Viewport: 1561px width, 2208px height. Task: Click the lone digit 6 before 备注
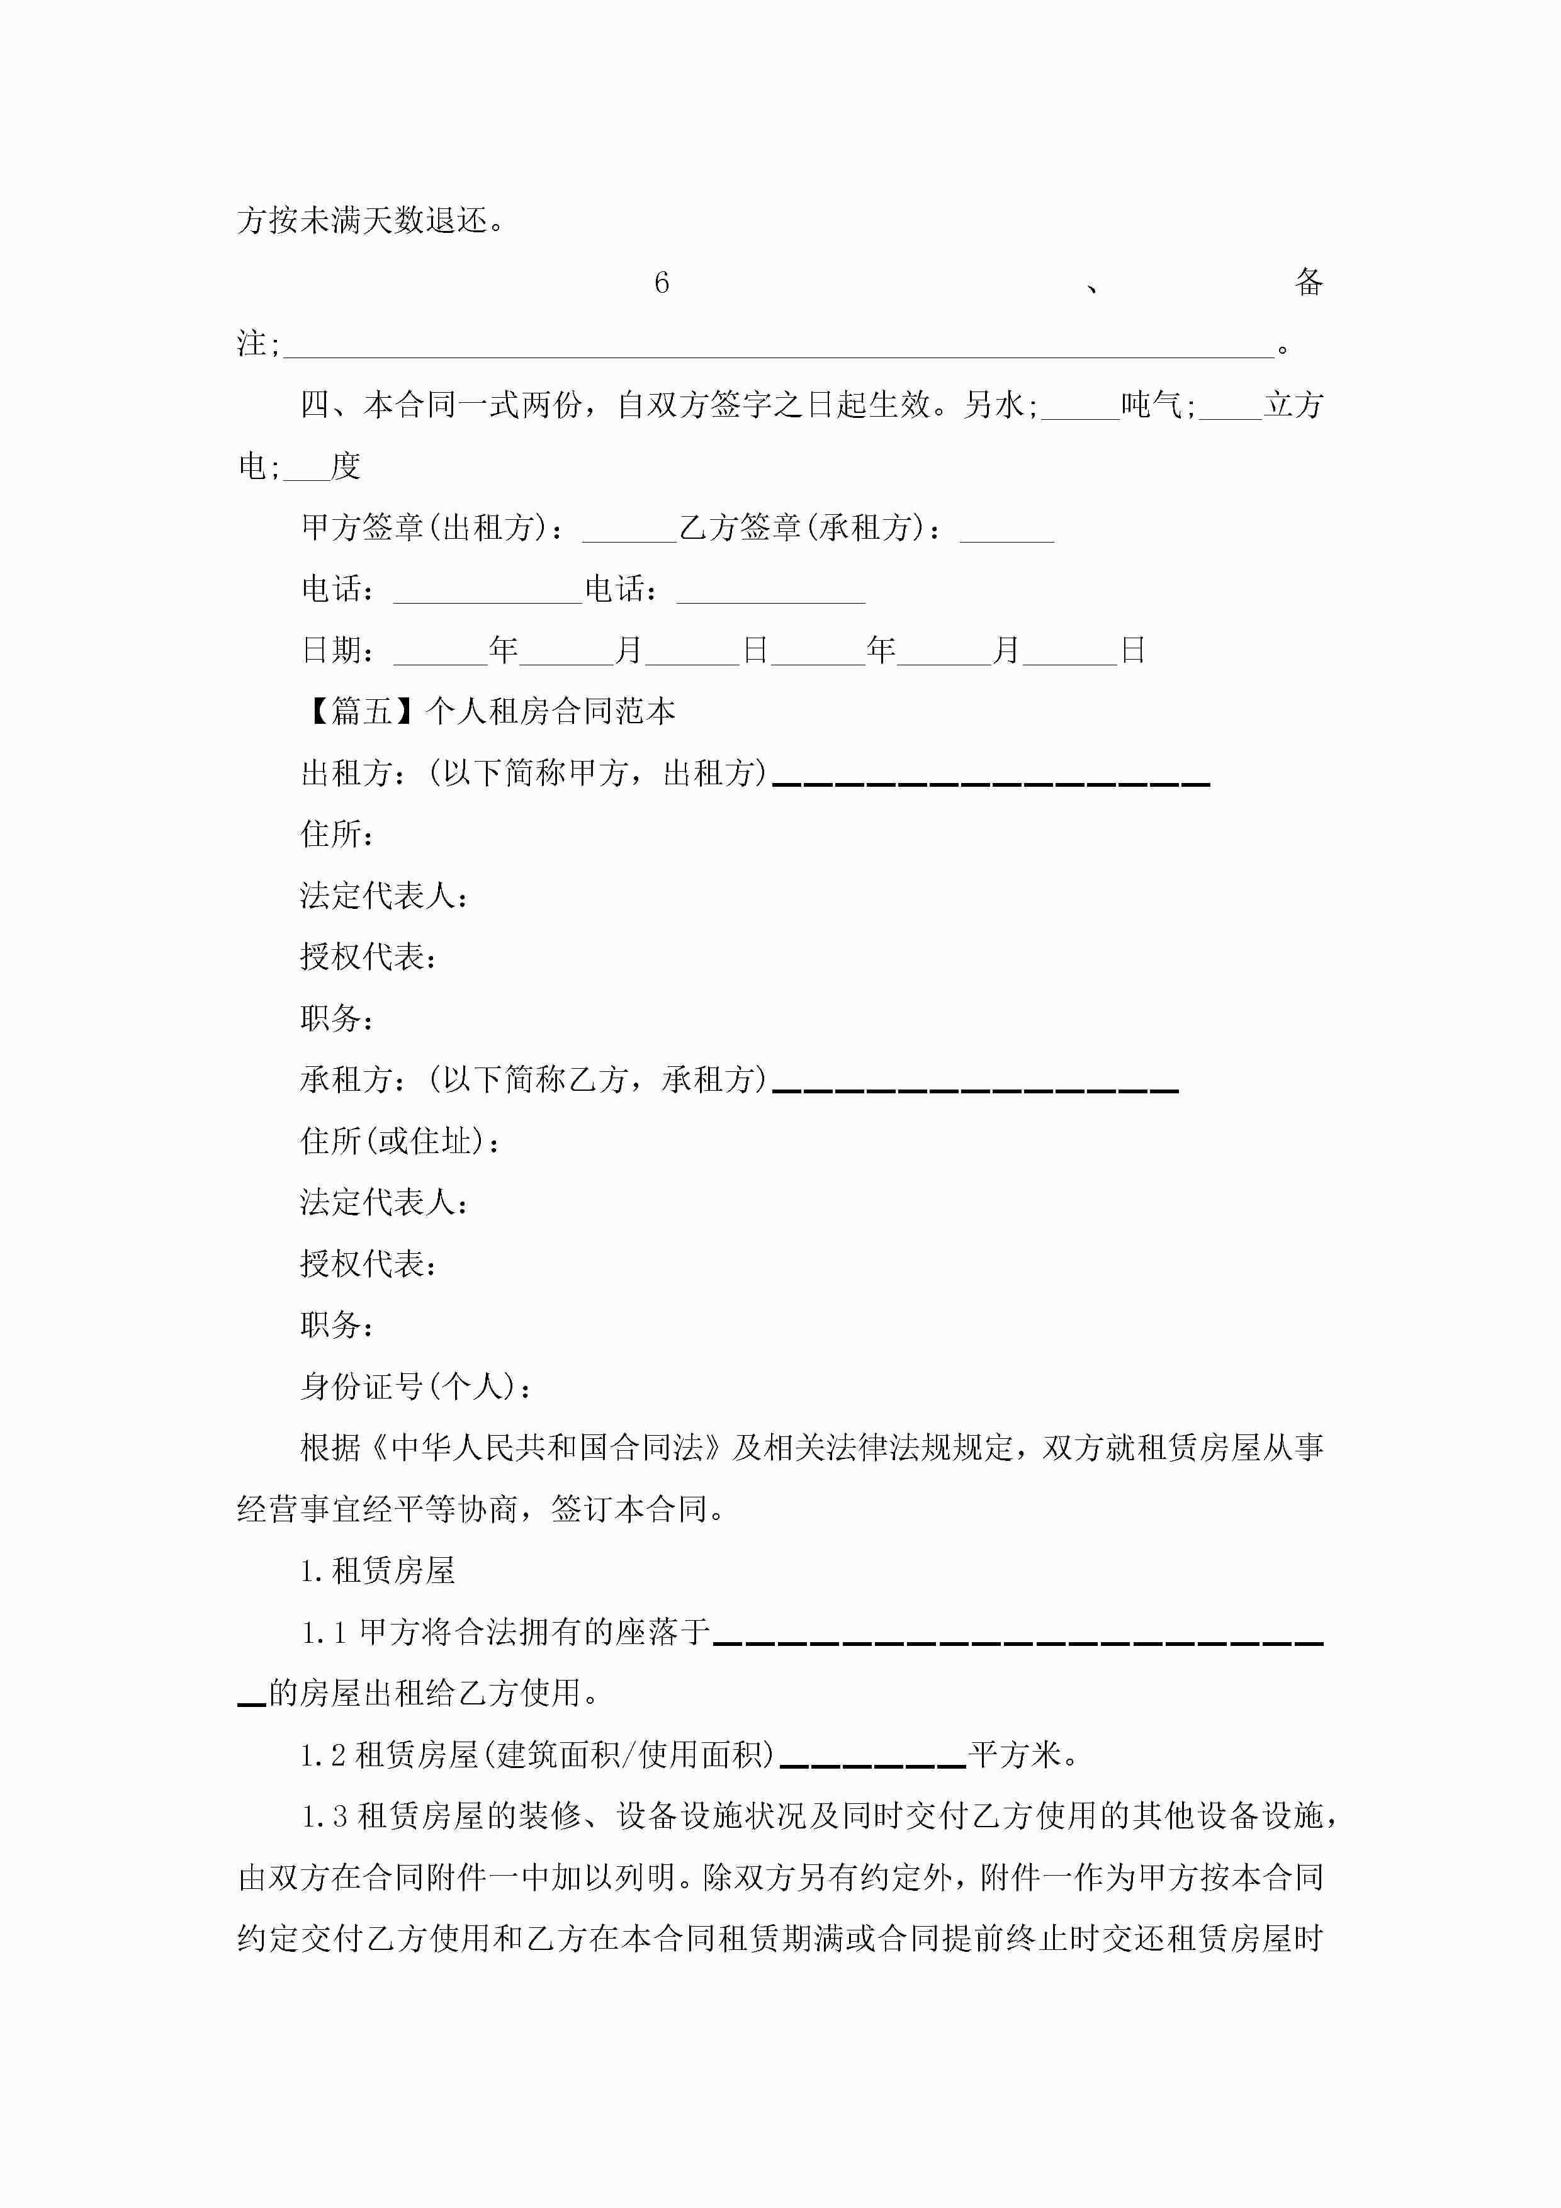(662, 283)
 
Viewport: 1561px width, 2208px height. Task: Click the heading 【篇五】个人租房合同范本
(488, 712)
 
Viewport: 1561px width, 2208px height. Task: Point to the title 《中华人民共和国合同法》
(528, 1448)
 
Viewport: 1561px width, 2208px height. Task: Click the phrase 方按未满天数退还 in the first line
(364, 221)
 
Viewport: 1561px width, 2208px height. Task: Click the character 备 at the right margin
(1308, 283)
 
